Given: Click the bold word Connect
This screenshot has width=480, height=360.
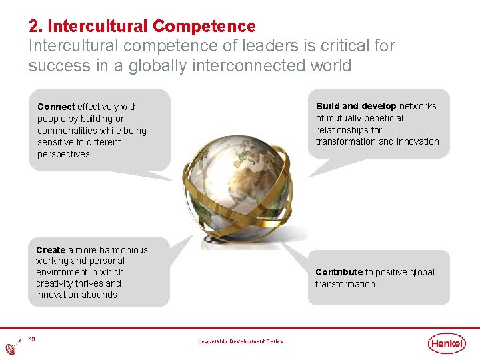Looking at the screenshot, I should pos(57,107).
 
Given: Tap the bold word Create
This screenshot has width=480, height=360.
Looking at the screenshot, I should pos(51,250).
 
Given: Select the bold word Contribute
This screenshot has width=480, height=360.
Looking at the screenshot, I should pos(339,272).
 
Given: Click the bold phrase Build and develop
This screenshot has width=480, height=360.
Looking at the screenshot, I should pos(356,106).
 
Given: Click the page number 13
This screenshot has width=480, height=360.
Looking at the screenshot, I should pos(32,340).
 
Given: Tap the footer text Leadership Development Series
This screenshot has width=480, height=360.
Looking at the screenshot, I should pos(240,342).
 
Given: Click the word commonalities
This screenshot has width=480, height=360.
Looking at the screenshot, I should pos(69,131).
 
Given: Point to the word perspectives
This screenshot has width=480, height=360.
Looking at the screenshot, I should pos(63,154).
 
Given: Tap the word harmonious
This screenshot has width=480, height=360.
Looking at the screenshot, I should pos(123,250).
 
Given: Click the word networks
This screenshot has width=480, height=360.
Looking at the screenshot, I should pos(418,106).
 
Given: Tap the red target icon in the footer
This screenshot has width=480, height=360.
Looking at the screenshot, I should pos(11,348).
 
